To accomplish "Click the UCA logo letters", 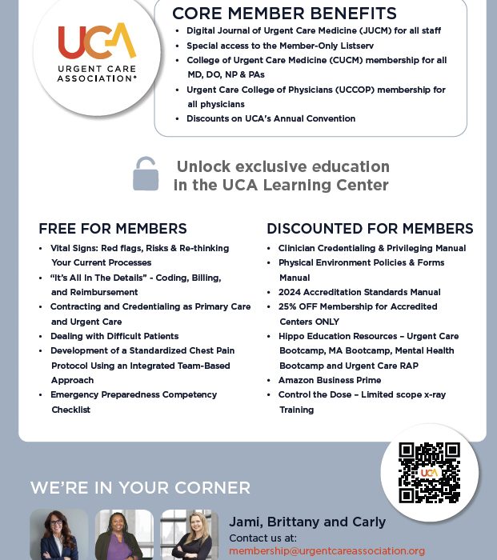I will [97, 42].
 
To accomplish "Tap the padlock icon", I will [145, 174].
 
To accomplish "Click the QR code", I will [429, 472].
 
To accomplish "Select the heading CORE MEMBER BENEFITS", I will [284, 14].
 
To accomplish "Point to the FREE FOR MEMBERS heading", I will [113, 229].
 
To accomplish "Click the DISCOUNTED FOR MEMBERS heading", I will [370, 229].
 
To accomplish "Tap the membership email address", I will [327, 551].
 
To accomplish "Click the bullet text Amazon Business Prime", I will [329, 380].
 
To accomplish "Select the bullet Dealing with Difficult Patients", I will [114, 336].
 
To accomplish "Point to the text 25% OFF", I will [297, 306].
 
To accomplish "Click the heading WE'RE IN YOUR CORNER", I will [140, 488].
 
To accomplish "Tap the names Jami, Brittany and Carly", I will [307, 522].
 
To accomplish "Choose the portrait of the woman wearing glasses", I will [59, 535].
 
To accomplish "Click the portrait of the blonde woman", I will [190, 535].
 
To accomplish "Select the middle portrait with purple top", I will [124, 535].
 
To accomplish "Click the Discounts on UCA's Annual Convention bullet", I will [271, 118].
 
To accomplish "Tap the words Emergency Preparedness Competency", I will [134, 394].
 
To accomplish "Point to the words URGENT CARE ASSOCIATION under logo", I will [97, 74].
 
